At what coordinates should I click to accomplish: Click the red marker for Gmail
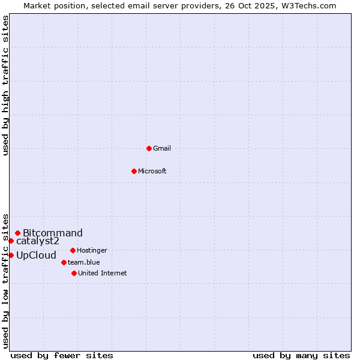(x=149, y=148)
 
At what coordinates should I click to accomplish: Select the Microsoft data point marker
(x=134, y=171)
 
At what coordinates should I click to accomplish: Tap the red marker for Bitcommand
(x=17, y=233)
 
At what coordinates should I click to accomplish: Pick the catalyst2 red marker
(x=11, y=241)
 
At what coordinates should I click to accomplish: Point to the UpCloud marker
(x=11, y=255)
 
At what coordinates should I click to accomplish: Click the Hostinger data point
(x=73, y=250)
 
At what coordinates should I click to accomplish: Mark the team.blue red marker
(x=64, y=262)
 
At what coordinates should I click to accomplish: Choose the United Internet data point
(x=74, y=273)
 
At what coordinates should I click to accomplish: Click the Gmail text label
(x=162, y=148)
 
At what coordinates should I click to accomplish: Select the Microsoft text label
(x=152, y=171)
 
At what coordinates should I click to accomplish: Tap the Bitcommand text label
(x=53, y=233)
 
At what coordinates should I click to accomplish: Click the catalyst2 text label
(x=38, y=241)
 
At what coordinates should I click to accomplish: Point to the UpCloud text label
(x=36, y=256)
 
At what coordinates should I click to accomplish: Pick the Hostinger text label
(x=92, y=250)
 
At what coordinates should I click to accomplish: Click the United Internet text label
(x=103, y=273)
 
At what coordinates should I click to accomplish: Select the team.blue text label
(x=84, y=262)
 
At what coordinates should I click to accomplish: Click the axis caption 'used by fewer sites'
(x=62, y=355)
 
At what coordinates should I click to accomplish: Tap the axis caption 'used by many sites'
(x=301, y=355)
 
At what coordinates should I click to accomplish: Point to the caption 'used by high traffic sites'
(x=5, y=85)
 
